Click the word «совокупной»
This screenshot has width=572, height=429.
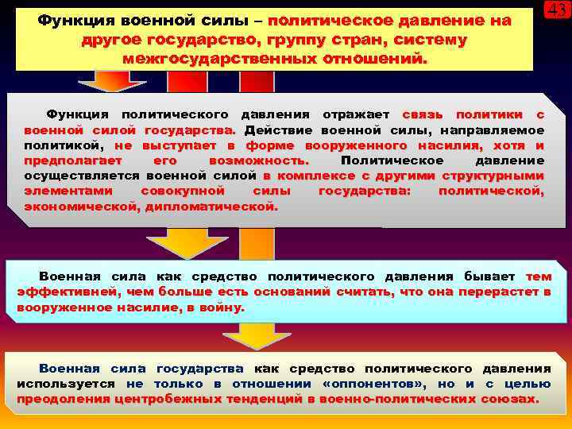coord(180,191)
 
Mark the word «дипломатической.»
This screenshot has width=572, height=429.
coord(212,206)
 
